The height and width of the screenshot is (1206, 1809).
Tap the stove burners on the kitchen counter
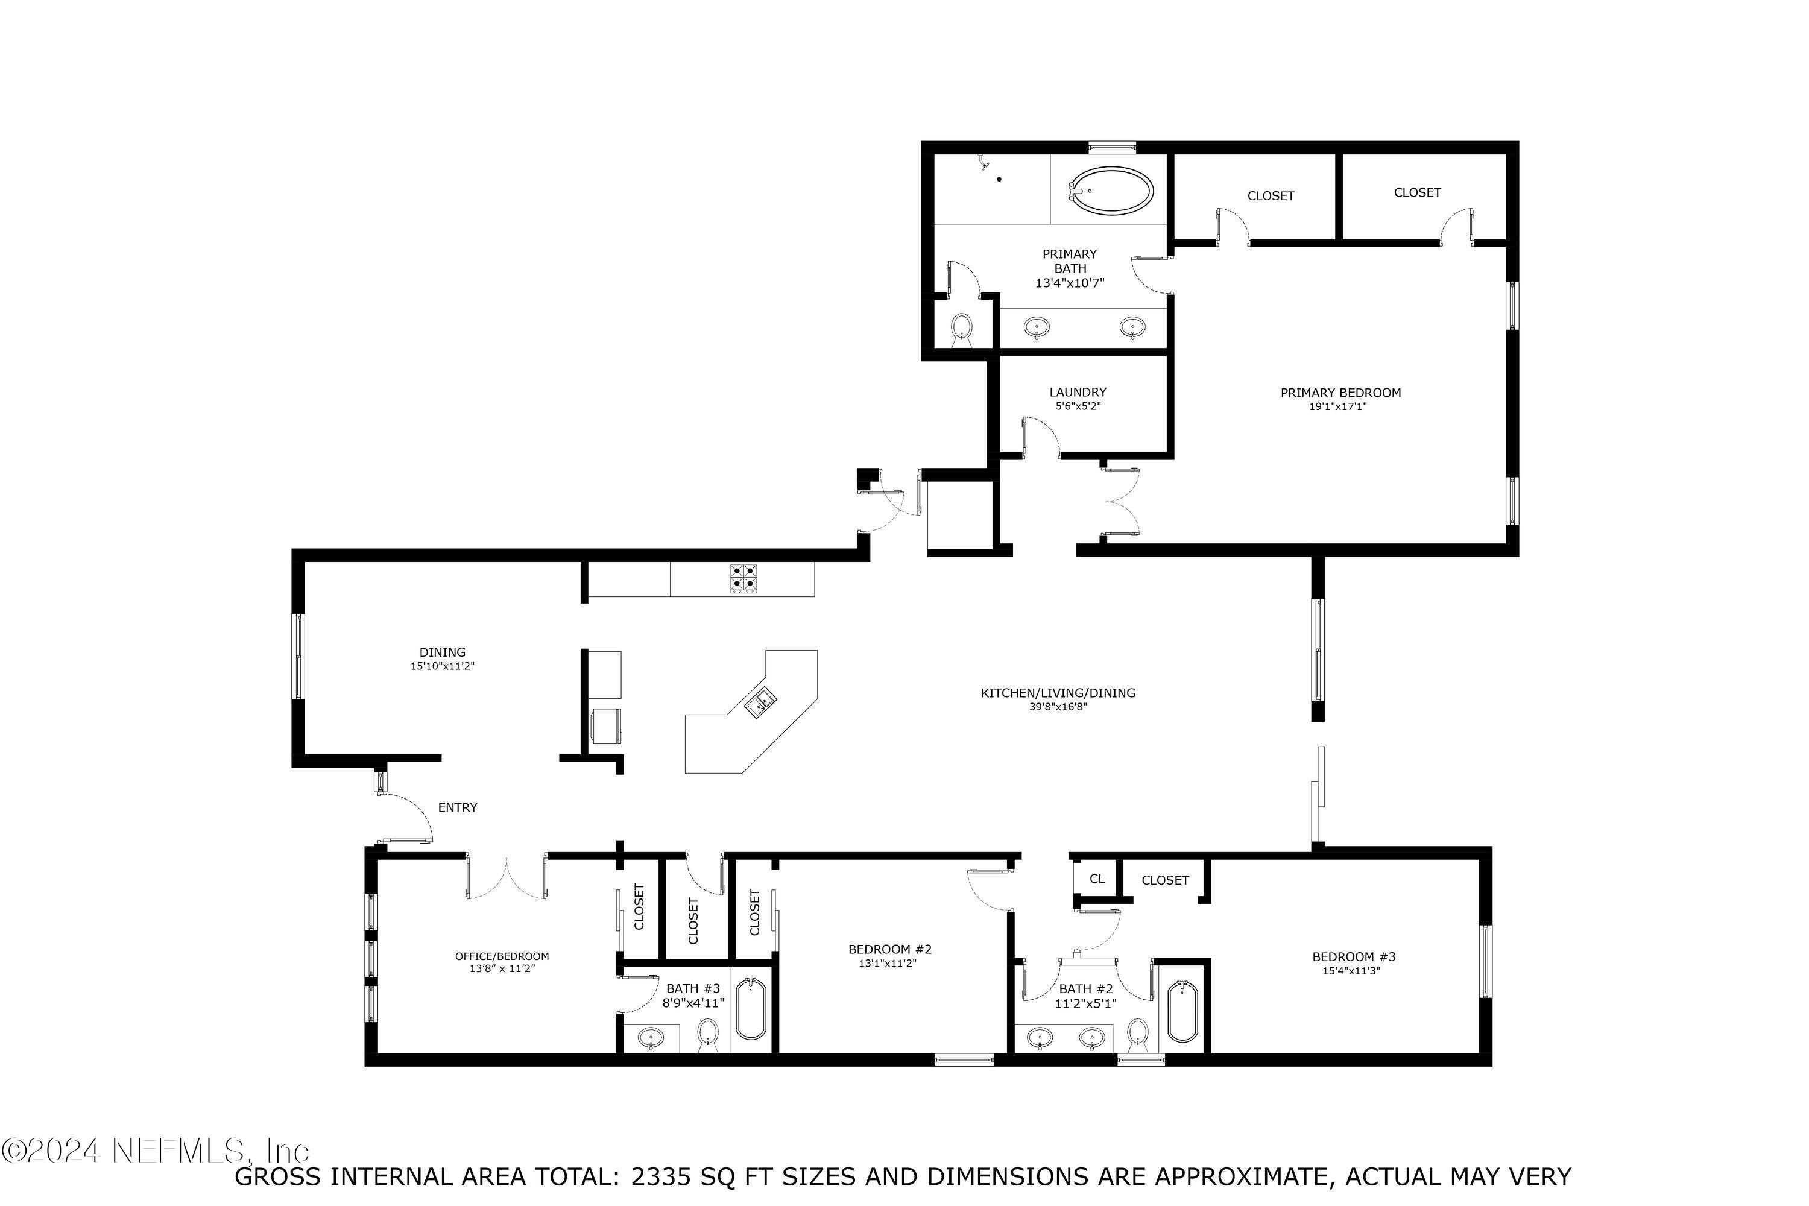pyautogui.click(x=743, y=578)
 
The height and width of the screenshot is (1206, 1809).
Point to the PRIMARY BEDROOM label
pyautogui.click(x=1340, y=393)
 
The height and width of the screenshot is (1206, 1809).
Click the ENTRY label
pyautogui.click(x=458, y=807)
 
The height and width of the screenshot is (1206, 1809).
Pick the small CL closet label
pyautogui.click(x=1097, y=879)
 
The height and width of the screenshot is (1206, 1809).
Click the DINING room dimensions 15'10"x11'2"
pyautogui.click(x=442, y=667)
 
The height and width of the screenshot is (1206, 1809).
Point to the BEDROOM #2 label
pyautogui.click(x=890, y=950)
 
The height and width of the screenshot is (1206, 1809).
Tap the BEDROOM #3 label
pyautogui.click(x=1354, y=957)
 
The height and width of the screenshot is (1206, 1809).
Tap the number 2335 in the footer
pyautogui.click(x=662, y=1177)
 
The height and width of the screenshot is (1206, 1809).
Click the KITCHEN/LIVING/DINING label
pyautogui.click(x=1058, y=693)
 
